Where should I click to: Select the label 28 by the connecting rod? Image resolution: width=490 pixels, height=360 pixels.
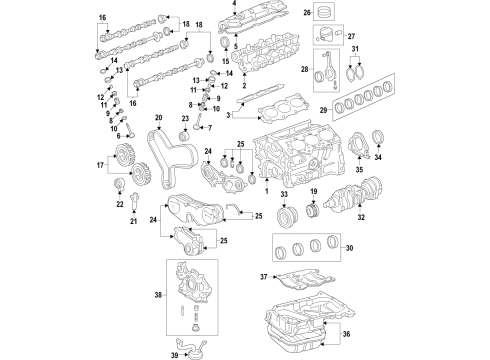pos(303,68)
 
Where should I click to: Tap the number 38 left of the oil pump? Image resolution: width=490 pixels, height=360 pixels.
pos(159,294)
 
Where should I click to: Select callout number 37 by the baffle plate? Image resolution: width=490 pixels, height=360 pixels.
pos(265,276)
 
